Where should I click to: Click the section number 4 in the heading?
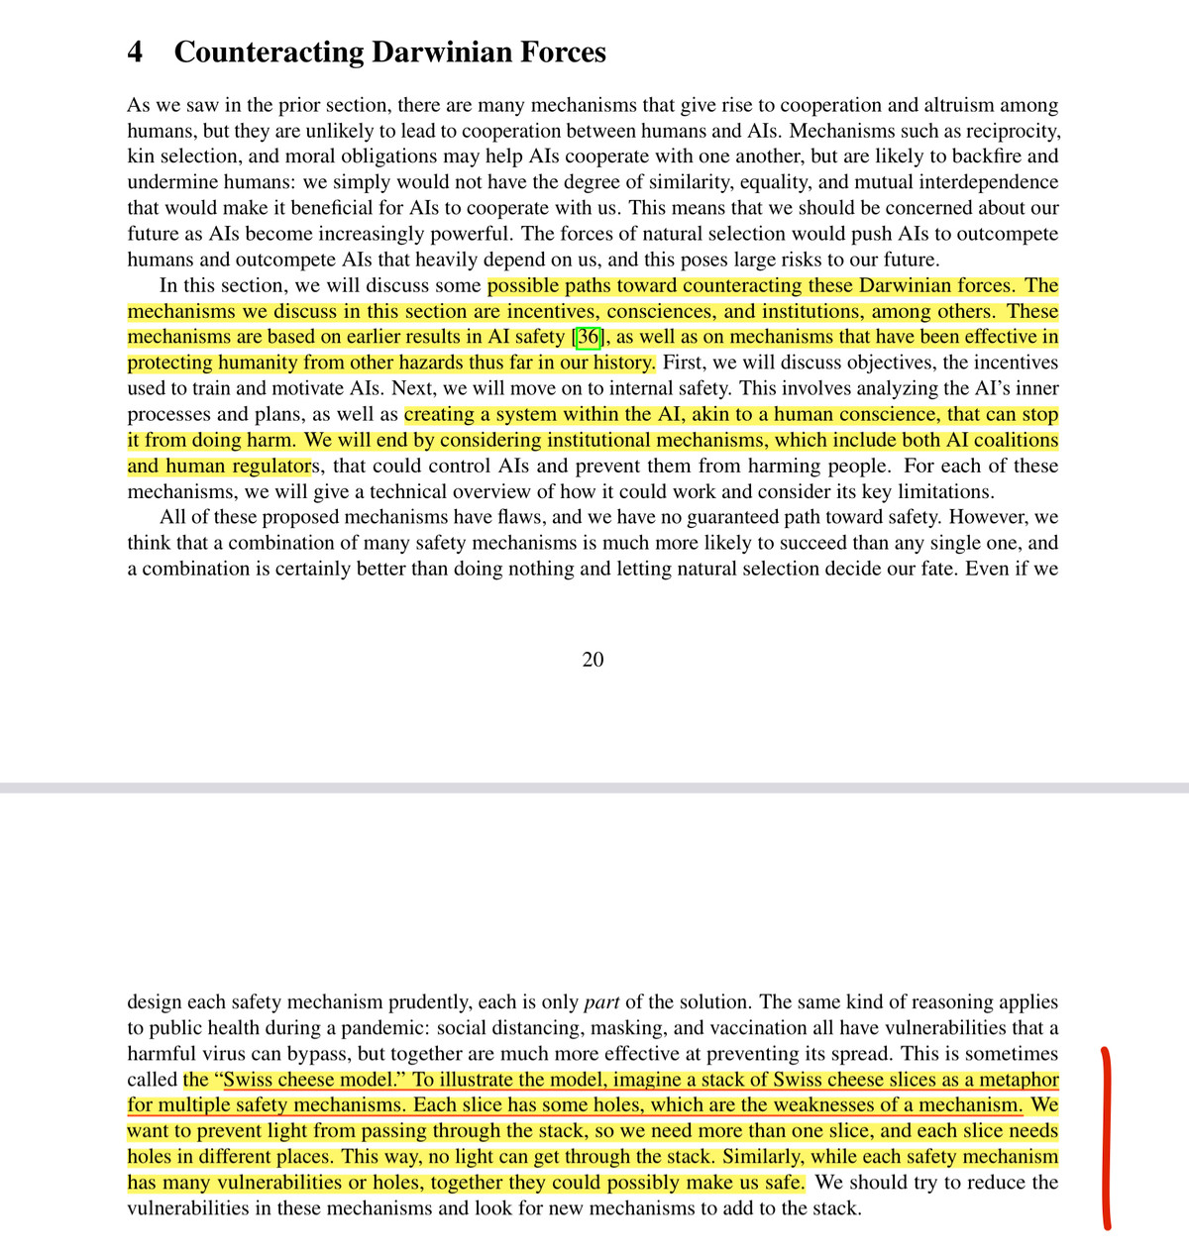136,52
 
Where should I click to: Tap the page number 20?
593,660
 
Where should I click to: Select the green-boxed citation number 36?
588,337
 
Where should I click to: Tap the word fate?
930,569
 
